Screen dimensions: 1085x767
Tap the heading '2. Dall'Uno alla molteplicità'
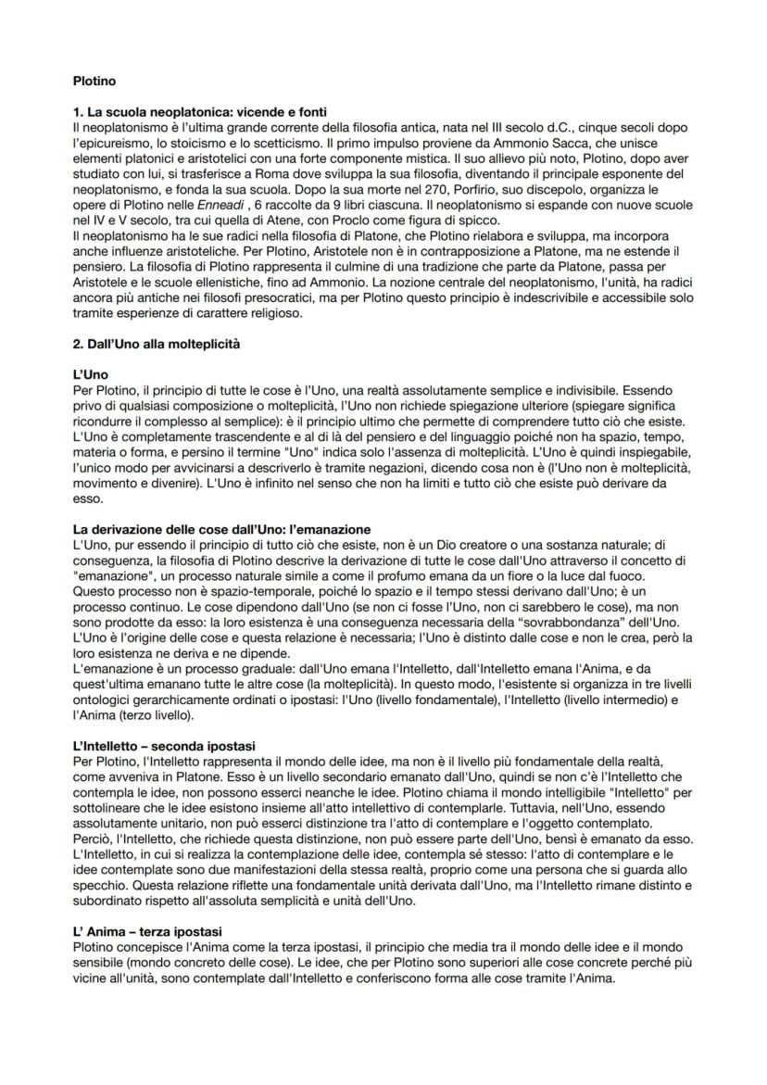point(156,345)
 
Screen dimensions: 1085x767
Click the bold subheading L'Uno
point(90,375)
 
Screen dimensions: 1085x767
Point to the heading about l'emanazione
point(221,529)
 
